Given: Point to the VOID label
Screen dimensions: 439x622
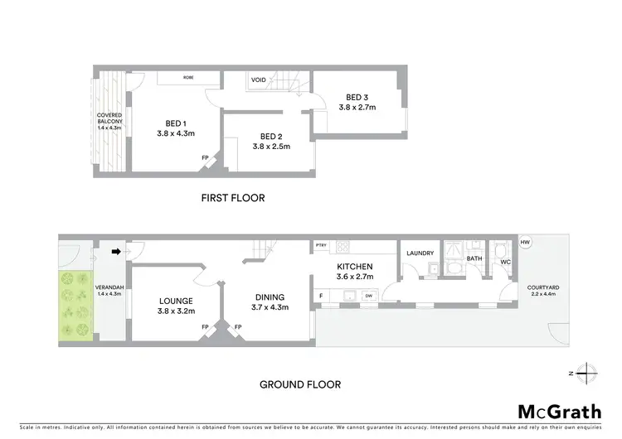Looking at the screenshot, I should coord(259,80).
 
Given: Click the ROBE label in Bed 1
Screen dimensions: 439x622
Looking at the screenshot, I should coord(188,77).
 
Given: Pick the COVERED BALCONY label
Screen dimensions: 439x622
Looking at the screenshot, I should coord(109,122).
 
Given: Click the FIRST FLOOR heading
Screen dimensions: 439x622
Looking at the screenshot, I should coord(233,198).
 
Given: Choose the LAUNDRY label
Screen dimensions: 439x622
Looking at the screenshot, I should coord(420,253).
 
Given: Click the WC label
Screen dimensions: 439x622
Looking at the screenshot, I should coord(505,262).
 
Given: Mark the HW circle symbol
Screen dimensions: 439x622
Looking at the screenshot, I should coord(525,242).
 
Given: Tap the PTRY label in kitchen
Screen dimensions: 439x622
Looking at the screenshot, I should coord(321,246).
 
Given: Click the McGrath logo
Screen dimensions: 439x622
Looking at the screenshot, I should coord(560,412).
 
